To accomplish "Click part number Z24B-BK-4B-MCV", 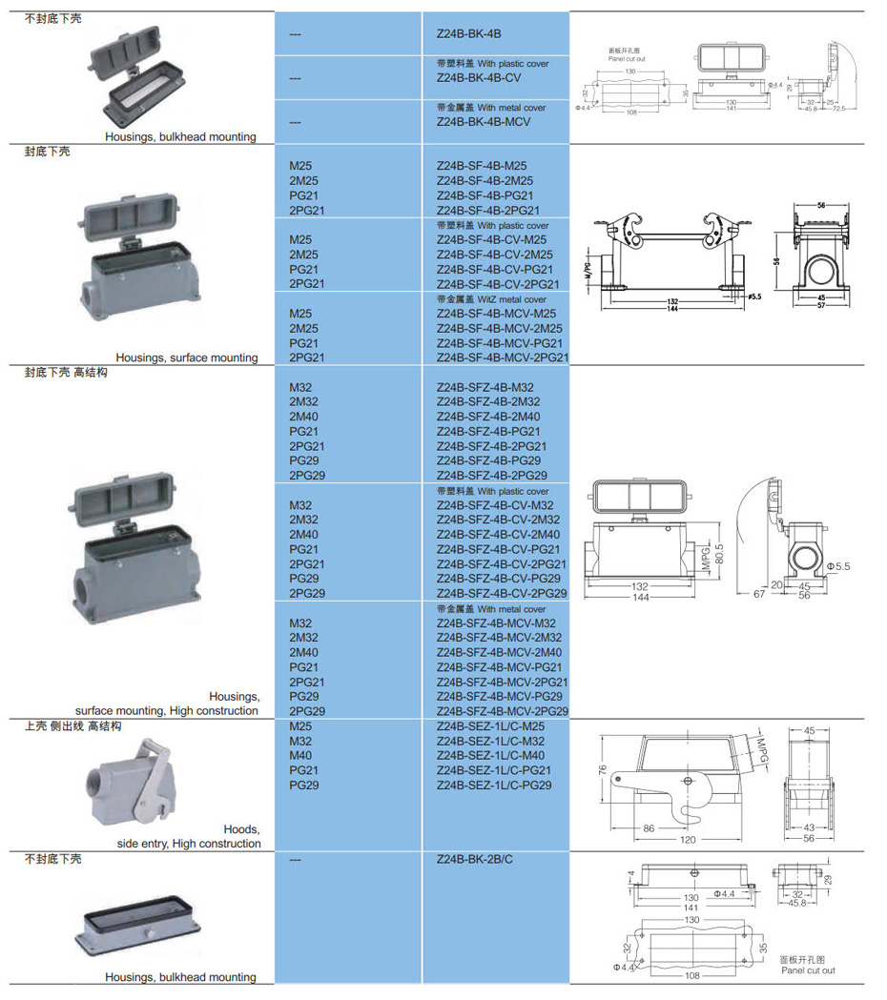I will (484, 122).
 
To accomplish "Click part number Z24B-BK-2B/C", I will (474, 859).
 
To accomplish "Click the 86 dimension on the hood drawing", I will (649, 828).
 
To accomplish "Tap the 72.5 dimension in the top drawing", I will (838, 109).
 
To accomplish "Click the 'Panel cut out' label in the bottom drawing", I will (808, 970).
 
